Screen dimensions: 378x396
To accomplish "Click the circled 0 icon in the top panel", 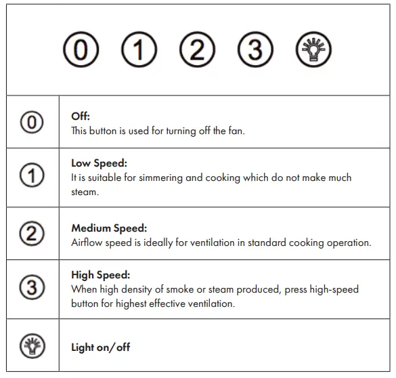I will click(81, 51).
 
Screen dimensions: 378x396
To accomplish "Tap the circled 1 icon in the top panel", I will click(139, 51).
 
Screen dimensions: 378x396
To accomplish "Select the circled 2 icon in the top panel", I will click(197, 51).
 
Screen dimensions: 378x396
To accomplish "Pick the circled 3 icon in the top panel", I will click(255, 51).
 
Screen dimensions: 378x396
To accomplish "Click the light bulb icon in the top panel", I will click(313, 51).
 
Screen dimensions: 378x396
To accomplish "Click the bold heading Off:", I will click(81, 117).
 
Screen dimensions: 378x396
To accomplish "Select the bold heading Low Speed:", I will click(99, 163).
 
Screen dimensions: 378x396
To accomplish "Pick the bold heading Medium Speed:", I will click(108, 228).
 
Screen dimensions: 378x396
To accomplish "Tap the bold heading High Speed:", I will click(100, 275).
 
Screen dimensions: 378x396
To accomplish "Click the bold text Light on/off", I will click(100, 348).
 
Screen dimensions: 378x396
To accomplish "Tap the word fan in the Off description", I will click(237, 131).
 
